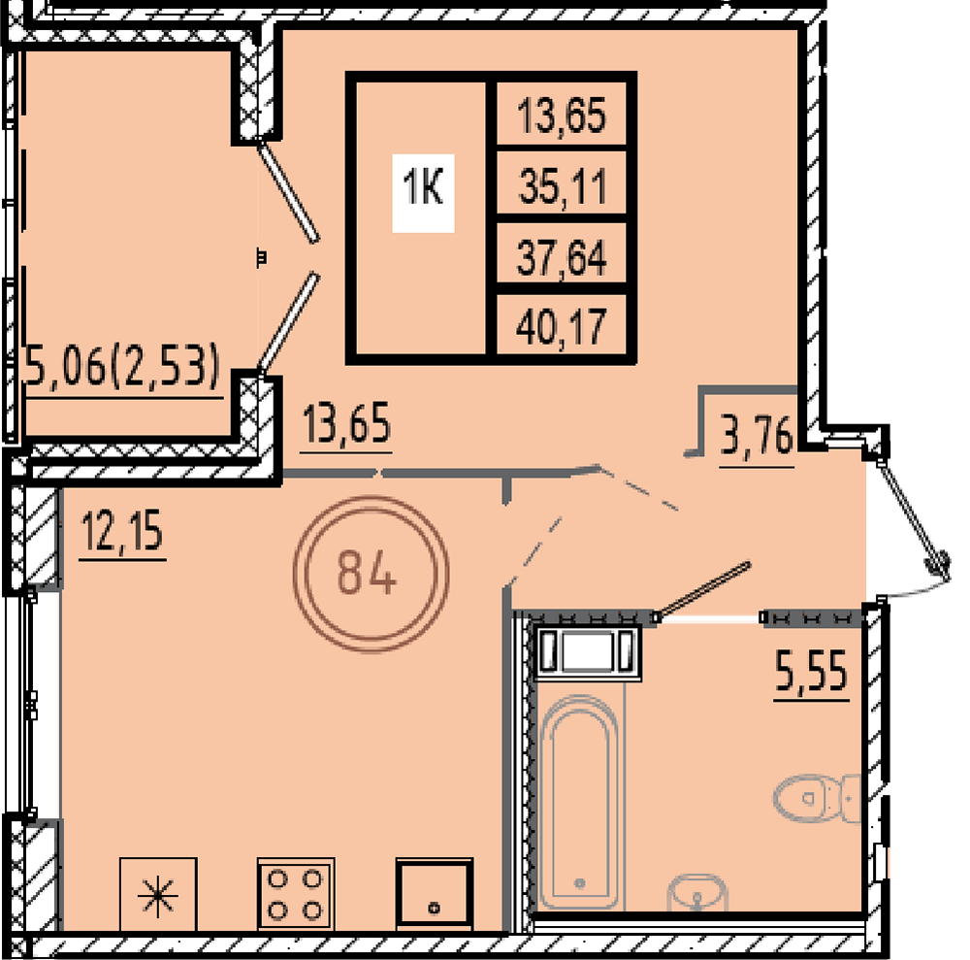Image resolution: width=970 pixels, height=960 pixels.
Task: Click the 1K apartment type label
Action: [423, 187]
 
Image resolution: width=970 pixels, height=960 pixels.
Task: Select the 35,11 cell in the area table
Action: [563, 186]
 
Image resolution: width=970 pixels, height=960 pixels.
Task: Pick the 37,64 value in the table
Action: [562, 257]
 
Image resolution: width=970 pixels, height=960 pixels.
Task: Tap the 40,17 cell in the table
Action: [561, 328]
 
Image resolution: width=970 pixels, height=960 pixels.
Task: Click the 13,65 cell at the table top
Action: [562, 116]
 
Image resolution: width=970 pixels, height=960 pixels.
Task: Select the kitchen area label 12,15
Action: [122, 531]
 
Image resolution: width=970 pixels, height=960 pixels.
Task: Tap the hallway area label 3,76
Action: [757, 437]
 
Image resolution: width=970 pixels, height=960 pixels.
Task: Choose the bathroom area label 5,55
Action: [811, 671]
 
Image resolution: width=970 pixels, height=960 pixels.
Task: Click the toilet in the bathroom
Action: [817, 799]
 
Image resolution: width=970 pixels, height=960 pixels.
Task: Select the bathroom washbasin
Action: [697, 892]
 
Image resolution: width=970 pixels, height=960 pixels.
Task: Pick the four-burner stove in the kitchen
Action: [296, 894]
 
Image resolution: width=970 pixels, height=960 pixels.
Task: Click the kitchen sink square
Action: [435, 894]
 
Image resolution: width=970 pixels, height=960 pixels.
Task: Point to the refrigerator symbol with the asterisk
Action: [158, 894]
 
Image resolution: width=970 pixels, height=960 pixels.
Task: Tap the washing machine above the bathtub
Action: [587, 653]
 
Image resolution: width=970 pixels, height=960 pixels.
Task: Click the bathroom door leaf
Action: [703, 589]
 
